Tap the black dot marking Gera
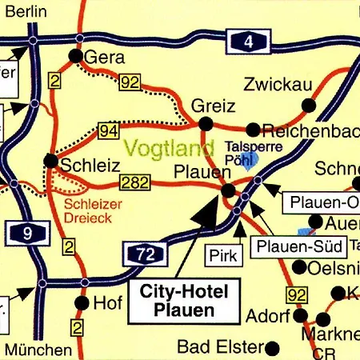tap(75, 56)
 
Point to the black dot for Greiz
tap(206, 123)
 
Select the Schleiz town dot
tap(51, 161)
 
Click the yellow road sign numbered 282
tap(134, 183)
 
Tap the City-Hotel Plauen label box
tap(183, 301)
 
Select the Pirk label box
tap(222, 256)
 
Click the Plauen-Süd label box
tap(301, 246)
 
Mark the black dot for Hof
tap(81, 303)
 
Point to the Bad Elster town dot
tap(272, 348)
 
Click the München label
tap(37, 349)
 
